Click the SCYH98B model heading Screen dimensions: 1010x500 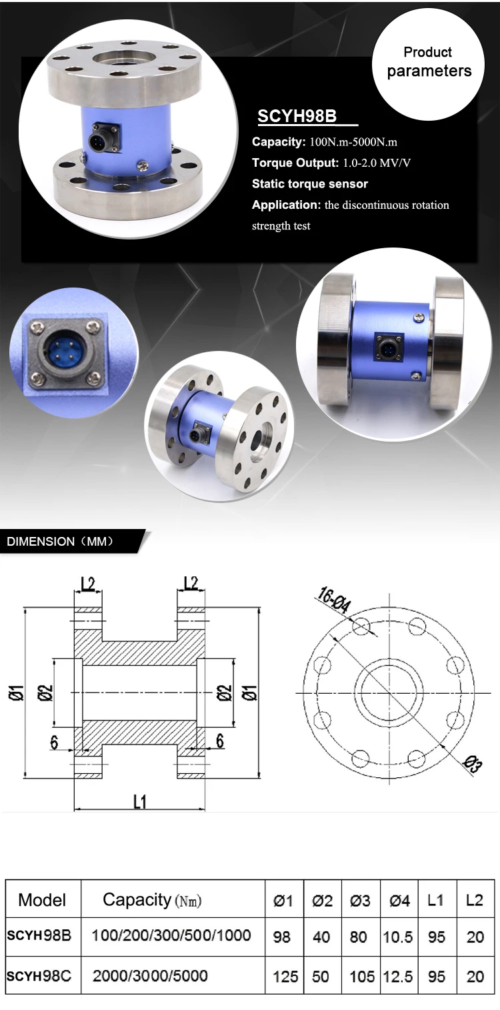click(297, 116)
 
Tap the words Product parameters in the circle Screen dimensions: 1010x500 click(428, 62)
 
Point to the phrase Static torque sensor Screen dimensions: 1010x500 click(310, 183)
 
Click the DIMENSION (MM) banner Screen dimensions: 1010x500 click(61, 541)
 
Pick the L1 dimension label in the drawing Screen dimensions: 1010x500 click(139, 801)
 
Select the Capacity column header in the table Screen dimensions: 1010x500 click(152, 901)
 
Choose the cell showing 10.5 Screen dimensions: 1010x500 click(398, 937)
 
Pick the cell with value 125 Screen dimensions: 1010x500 click(285, 977)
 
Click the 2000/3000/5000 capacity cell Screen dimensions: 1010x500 click(150, 976)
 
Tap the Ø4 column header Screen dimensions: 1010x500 click(399, 901)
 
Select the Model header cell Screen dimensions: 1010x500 click(43, 901)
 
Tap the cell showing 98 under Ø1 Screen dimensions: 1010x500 click(282, 937)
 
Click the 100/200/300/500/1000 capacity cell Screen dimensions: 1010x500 click(171, 935)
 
